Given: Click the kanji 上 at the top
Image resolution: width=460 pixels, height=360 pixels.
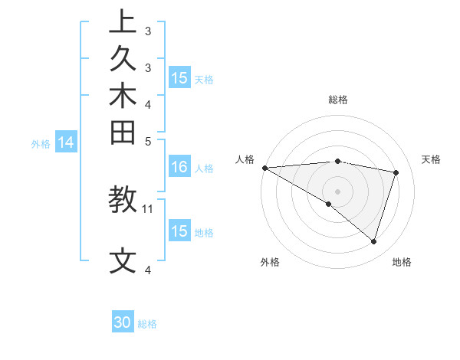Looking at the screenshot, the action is (123, 22).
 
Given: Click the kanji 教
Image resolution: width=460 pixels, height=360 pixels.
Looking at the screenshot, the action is (123, 199).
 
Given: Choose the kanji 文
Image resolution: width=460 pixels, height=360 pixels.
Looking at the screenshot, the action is (123, 261).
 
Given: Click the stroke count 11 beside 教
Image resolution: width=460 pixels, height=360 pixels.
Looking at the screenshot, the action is (148, 208).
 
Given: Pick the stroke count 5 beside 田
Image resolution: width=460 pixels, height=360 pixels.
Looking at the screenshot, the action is (148, 141).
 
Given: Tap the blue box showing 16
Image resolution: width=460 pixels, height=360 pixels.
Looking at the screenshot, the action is (179, 167).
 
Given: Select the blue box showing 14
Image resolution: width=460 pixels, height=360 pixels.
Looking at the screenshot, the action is (67, 142).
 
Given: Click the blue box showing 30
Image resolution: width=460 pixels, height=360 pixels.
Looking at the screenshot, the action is (123, 322).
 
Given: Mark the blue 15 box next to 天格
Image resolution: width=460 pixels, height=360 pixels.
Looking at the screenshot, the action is (179, 77).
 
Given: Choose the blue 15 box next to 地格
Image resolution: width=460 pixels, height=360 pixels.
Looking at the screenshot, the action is (179, 231).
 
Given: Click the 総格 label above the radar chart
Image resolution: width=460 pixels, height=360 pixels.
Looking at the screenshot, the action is (338, 100).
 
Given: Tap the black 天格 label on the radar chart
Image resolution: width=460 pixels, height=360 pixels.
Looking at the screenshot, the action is (432, 159).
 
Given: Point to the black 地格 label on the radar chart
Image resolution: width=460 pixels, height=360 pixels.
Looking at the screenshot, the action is (402, 262).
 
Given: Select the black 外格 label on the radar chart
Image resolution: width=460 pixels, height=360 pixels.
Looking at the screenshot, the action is (270, 262).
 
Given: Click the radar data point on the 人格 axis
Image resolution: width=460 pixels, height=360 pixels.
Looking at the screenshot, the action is (264, 168).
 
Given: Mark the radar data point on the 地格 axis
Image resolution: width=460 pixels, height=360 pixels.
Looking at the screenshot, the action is (373, 241).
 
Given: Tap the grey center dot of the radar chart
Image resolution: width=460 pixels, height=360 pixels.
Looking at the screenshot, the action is (337, 191).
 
